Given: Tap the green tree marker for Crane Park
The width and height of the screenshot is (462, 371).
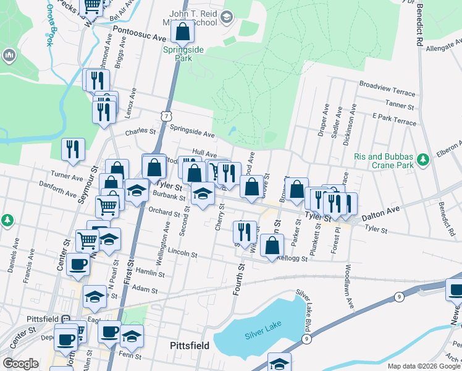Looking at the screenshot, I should [x=423, y=160].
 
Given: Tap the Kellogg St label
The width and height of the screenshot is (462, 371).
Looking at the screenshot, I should [x=293, y=258].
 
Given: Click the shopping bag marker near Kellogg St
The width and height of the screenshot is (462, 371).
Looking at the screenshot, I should [x=272, y=245].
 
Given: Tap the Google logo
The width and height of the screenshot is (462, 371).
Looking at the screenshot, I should [x=20, y=364].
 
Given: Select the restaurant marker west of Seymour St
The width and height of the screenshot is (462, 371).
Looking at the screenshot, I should [x=73, y=149].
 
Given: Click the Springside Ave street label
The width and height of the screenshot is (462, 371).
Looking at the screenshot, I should [x=192, y=134].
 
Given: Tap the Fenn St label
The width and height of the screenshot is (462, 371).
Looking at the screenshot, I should [x=130, y=356].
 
